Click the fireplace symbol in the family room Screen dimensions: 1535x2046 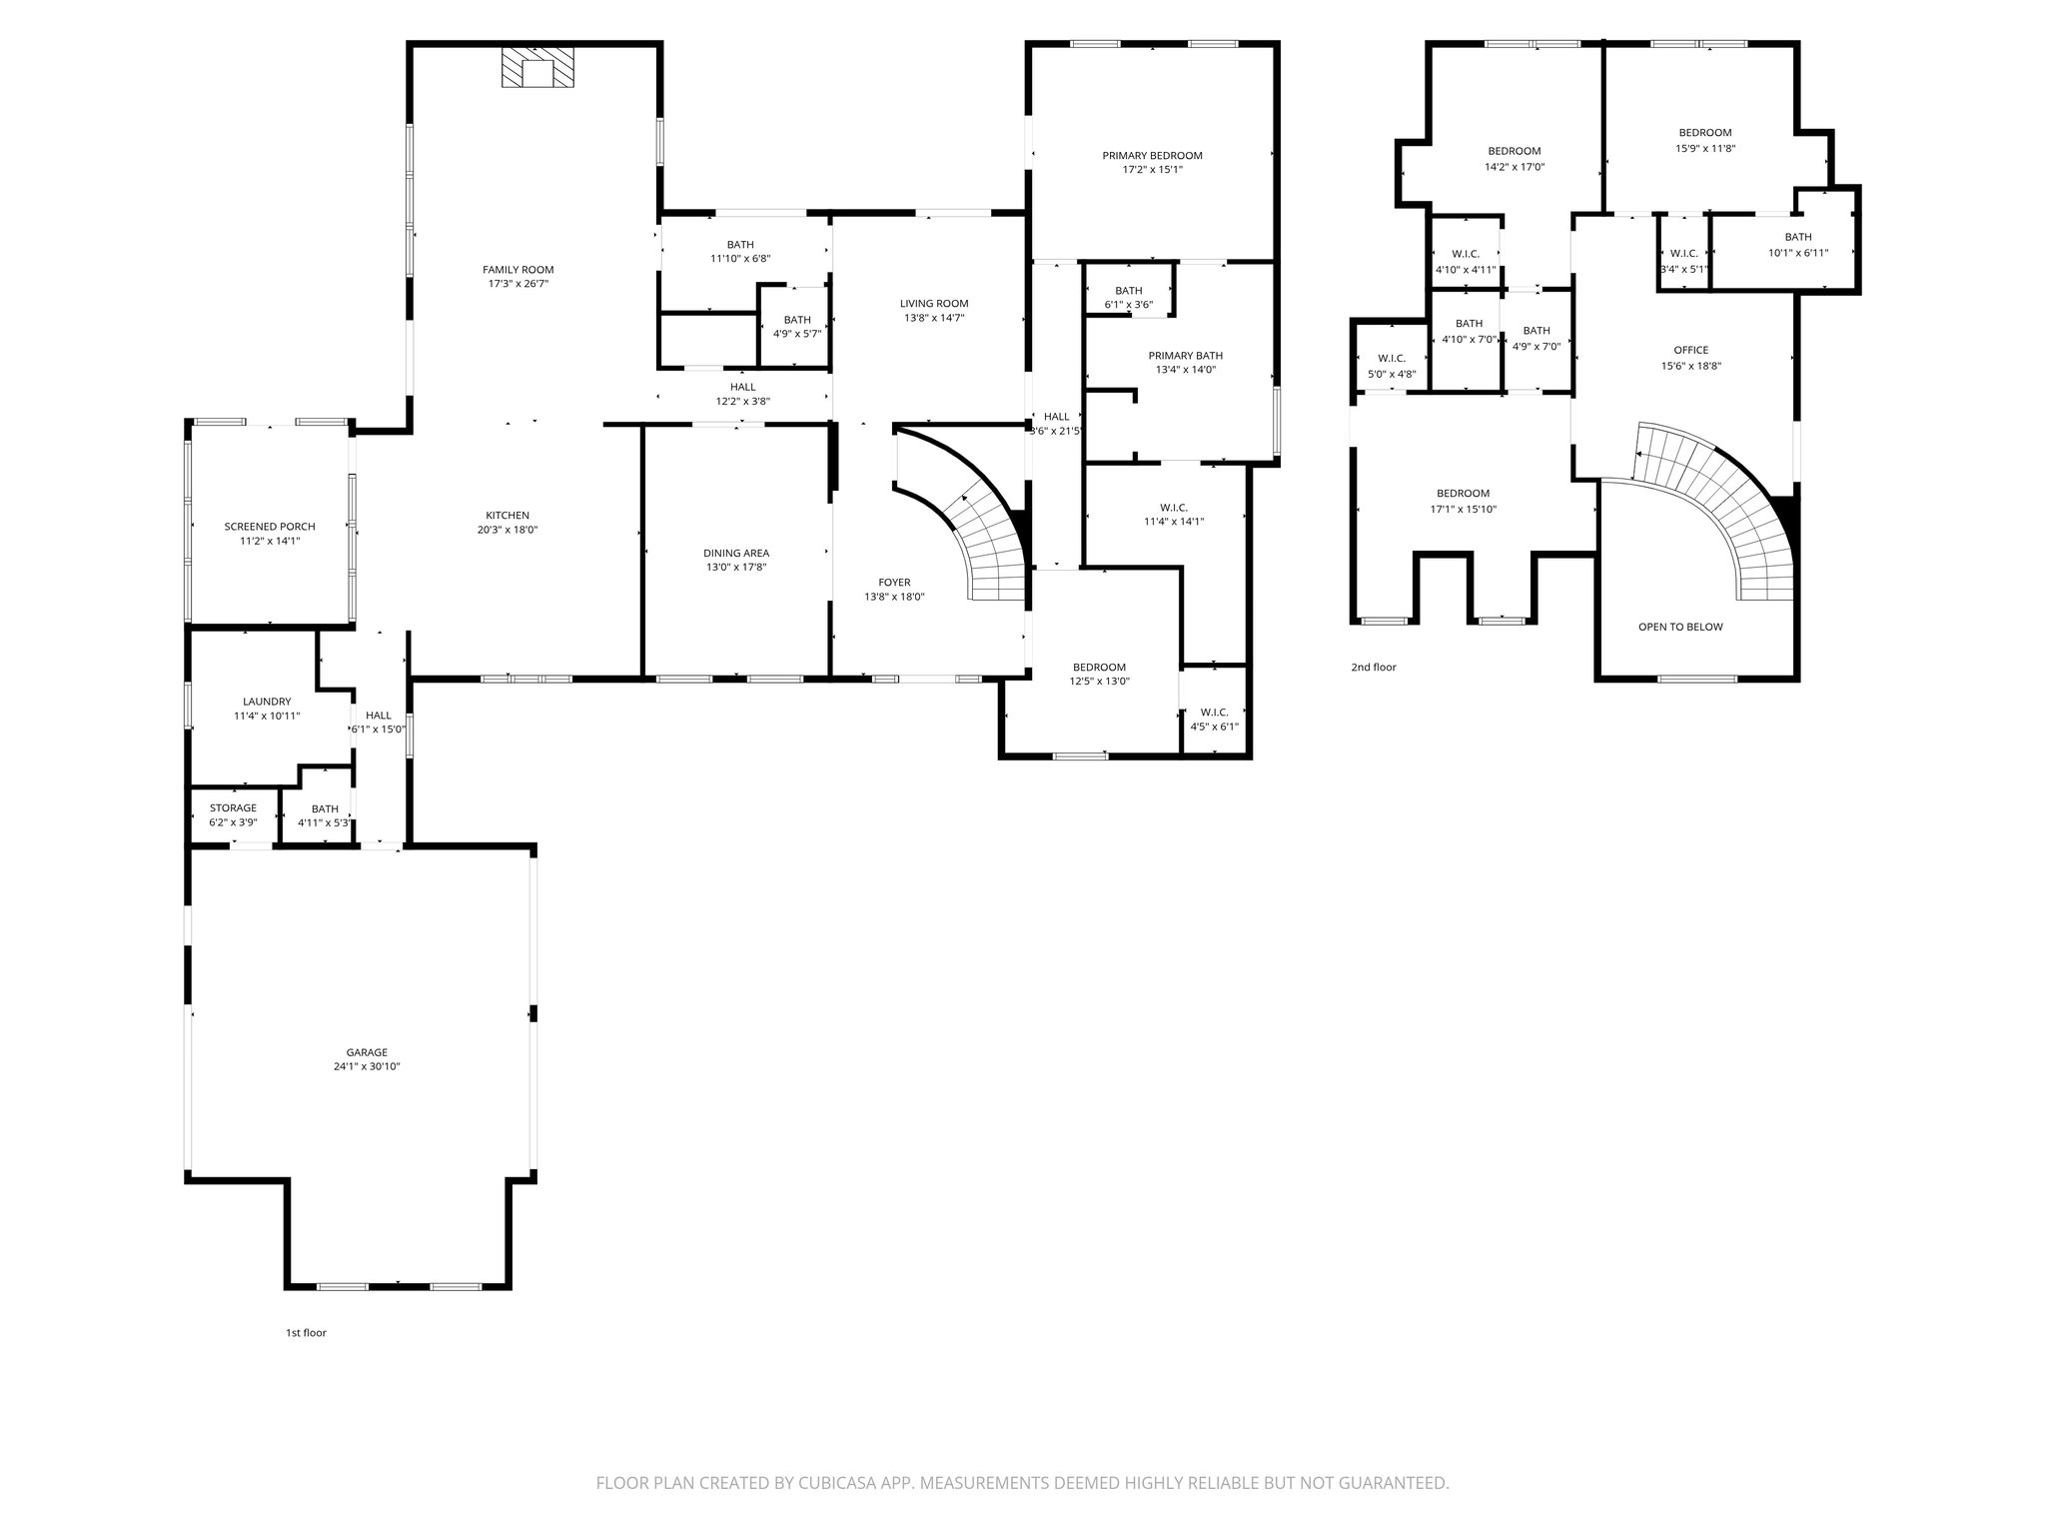pos(538,68)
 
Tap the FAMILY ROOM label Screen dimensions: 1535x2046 pos(517,270)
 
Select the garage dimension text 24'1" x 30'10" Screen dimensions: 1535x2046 pos(367,1066)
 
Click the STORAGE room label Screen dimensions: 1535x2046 pos(233,808)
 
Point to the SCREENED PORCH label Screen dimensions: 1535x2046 pos(270,527)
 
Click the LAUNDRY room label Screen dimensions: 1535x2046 pos(267,702)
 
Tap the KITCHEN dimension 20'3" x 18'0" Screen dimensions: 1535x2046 pos(508,531)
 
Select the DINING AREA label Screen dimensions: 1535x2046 pos(736,553)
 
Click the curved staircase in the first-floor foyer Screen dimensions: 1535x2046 pos(984,540)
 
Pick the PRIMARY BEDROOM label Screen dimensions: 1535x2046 pos(1152,156)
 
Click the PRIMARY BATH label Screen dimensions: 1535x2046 pos(1185,356)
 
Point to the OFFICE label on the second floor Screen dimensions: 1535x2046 pos(1690,350)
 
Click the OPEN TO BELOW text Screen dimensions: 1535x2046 pos(1680,627)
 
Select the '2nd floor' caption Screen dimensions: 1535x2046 pos(1374,667)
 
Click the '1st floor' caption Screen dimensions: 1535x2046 pos(306,1332)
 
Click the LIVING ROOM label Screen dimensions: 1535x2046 pos(934,304)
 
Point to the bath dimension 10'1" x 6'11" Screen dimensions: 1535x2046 pos(1798,253)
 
